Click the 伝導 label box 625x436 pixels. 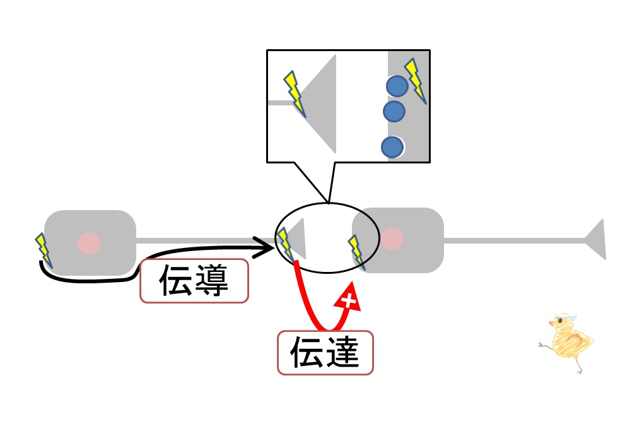click(194, 281)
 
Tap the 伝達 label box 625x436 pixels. click(325, 353)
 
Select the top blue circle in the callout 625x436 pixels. click(397, 86)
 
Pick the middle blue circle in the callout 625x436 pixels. click(394, 111)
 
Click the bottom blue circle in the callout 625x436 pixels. click(392, 147)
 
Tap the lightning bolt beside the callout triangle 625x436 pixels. click(295, 94)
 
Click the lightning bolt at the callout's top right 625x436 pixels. click(416, 81)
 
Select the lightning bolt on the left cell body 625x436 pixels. click(44, 250)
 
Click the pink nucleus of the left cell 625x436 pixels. click(89, 243)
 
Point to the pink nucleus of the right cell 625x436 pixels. click(392, 239)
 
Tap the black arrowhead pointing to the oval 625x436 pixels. click(263, 247)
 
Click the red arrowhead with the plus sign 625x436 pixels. click(348, 297)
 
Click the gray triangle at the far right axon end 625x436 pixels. click(596, 239)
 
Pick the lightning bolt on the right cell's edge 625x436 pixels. click(356, 252)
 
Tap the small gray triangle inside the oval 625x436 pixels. click(297, 239)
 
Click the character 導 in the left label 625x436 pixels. click(211, 280)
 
